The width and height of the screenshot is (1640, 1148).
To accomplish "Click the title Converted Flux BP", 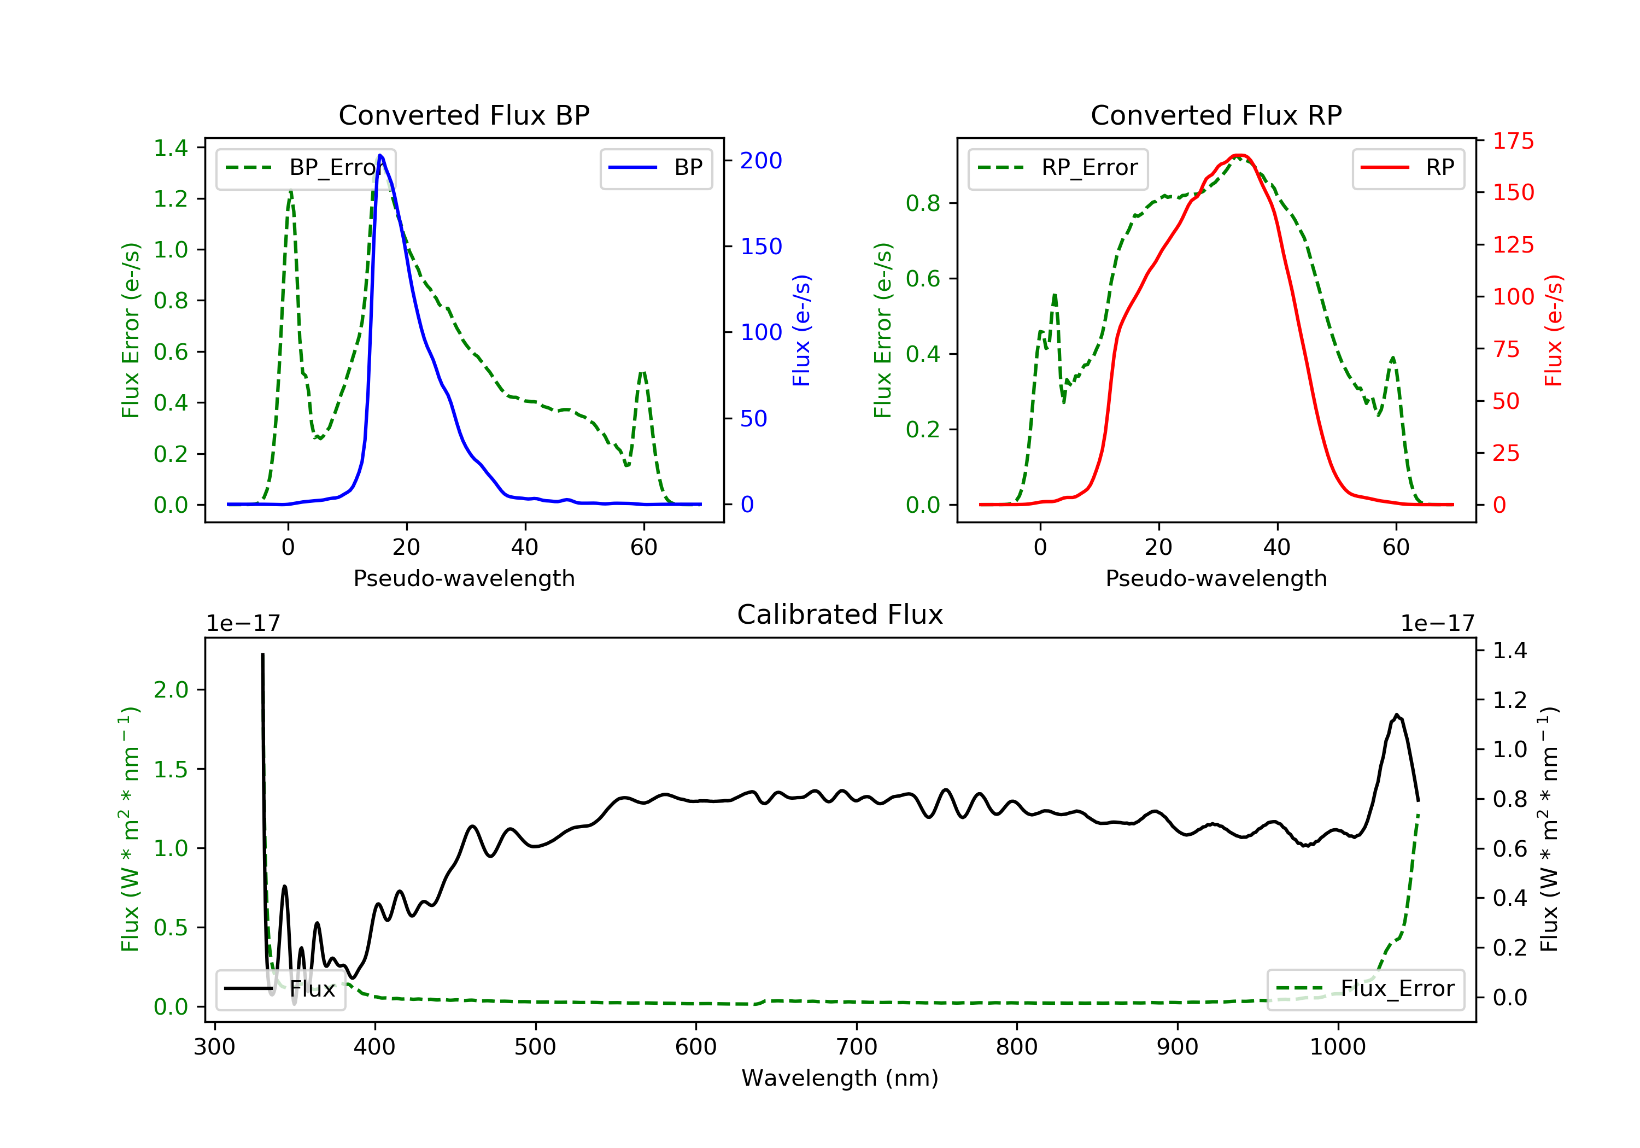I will tap(464, 115).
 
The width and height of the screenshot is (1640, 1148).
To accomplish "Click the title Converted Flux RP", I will tap(1216, 115).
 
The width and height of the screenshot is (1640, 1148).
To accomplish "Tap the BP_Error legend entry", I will tap(306, 168).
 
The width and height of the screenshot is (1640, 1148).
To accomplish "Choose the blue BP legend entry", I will tap(655, 168).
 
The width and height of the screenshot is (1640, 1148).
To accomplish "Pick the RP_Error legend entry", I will tap(1058, 168).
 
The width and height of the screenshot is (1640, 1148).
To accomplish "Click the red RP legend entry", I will tap(1408, 168).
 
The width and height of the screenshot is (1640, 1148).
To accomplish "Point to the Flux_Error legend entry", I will tap(1365, 989).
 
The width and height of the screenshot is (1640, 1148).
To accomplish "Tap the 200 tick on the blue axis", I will tap(761, 161).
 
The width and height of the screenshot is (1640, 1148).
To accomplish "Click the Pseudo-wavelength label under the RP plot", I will tap(1216, 578).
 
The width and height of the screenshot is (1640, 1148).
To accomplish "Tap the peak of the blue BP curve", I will tap(380, 155).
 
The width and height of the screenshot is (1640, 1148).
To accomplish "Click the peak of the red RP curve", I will tap(1239, 155).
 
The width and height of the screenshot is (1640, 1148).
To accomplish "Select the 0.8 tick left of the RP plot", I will tap(923, 203).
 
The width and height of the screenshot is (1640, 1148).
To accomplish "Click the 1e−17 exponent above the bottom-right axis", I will tap(1437, 624).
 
